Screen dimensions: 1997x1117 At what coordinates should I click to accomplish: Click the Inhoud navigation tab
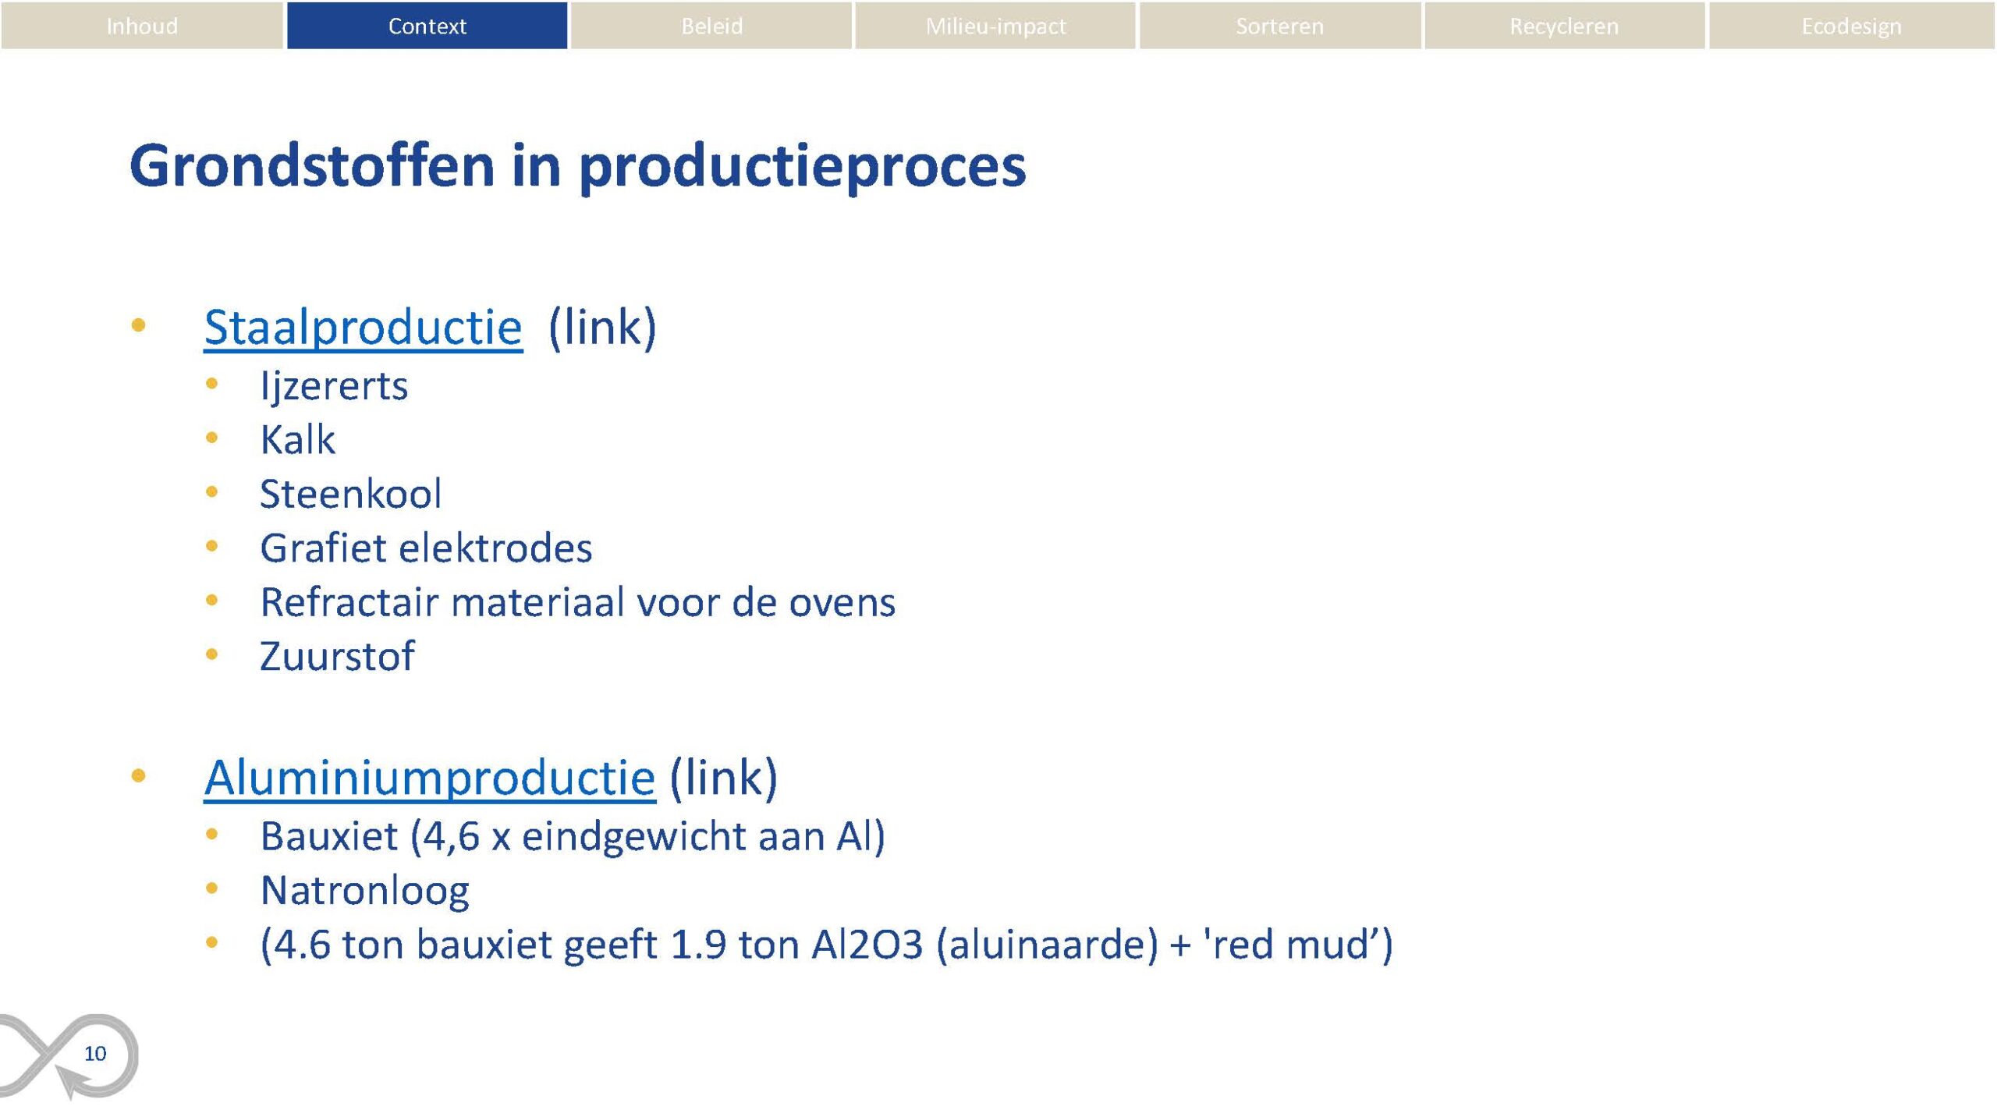[142, 26]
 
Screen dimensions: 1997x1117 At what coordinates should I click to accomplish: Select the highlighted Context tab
[427, 26]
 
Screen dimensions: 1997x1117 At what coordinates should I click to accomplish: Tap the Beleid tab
[711, 26]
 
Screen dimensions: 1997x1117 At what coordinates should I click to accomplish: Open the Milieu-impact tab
[995, 26]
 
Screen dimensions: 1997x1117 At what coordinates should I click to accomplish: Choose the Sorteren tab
[1280, 26]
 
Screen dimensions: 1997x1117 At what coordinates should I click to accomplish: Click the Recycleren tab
[1565, 26]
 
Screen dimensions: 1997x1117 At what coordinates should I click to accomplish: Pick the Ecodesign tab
[1852, 26]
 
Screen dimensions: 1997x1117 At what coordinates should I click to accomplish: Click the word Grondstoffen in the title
[312, 165]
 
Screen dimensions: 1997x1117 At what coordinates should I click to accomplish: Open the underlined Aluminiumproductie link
[430, 778]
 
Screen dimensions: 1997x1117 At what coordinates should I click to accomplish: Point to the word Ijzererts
[334, 386]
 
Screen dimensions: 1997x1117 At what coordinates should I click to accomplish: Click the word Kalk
[298, 439]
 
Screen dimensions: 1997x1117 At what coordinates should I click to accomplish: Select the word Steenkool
[351, 494]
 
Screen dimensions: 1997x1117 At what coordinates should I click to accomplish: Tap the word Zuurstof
[337, 656]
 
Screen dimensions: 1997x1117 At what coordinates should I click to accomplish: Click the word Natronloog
[365, 890]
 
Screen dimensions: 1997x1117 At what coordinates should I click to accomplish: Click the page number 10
[95, 1054]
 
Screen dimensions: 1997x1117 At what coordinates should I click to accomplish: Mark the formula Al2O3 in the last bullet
[867, 945]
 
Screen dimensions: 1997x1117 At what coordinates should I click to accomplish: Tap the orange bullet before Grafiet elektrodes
[211, 547]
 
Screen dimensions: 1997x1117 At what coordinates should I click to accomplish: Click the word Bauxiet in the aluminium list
[329, 836]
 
